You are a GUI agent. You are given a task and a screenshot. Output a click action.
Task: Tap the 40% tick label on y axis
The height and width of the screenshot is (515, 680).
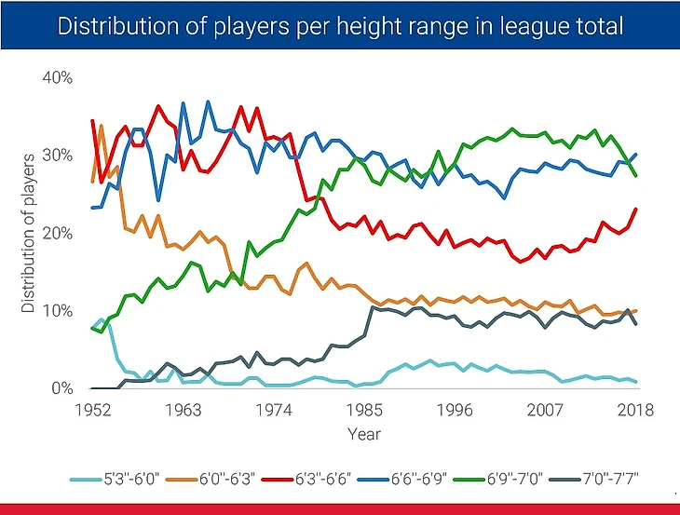[x=57, y=77]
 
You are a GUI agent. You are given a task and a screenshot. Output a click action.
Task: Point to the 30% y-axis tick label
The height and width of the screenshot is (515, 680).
[x=57, y=156]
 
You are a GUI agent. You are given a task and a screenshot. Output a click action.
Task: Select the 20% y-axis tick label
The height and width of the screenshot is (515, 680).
[x=57, y=233]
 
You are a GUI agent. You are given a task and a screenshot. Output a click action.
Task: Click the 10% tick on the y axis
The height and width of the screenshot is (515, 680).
[x=57, y=311]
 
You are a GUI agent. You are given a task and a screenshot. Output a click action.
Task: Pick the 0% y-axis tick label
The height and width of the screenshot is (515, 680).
[x=61, y=388]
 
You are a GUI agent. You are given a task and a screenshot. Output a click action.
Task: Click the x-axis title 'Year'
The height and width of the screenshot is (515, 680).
[x=364, y=433]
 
